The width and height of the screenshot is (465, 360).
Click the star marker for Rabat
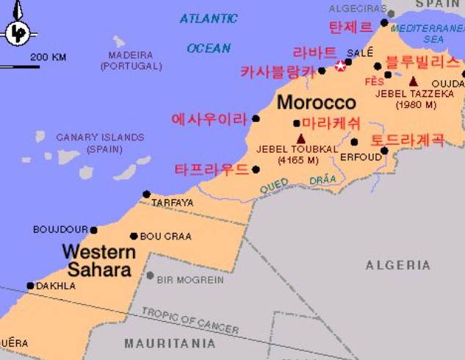click(x=341, y=66)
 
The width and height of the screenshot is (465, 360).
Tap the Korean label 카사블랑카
click(x=278, y=72)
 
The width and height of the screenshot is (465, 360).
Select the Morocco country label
click(x=316, y=102)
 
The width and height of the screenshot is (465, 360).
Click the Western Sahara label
click(x=98, y=261)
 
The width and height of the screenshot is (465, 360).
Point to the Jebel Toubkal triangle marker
click(x=300, y=138)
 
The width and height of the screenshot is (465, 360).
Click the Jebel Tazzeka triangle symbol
click(x=414, y=82)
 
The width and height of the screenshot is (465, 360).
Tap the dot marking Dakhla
click(x=30, y=286)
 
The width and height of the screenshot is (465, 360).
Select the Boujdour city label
click(x=60, y=230)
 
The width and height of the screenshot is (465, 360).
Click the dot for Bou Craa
click(x=134, y=237)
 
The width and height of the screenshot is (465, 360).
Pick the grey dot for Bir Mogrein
click(x=150, y=276)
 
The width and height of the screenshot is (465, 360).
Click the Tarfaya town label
click(x=173, y=203)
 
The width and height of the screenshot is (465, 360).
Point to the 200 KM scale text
click(x=48, y=57)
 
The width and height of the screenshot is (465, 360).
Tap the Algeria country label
click(x=398, y=265)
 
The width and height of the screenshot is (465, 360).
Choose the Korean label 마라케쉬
click(x=331, y=123)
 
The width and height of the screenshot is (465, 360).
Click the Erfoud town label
click(x=361, y=156)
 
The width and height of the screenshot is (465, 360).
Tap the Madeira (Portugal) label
click(x=131, y=60)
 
